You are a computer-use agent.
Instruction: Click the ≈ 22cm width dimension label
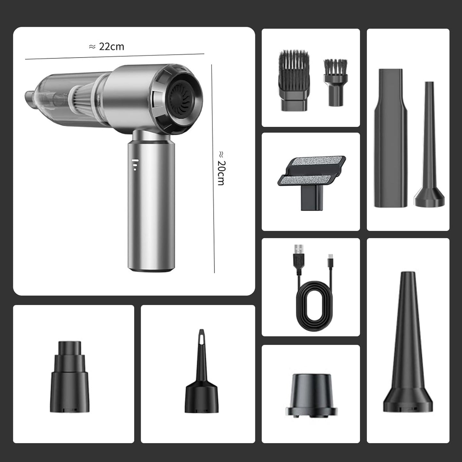click(x=106, y=47)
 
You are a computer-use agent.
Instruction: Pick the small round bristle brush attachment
click(x=335, y=82)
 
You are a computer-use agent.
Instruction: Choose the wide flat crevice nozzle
click(x=391, y=137)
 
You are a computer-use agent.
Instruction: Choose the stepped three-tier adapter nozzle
click(x=70, y=377)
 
